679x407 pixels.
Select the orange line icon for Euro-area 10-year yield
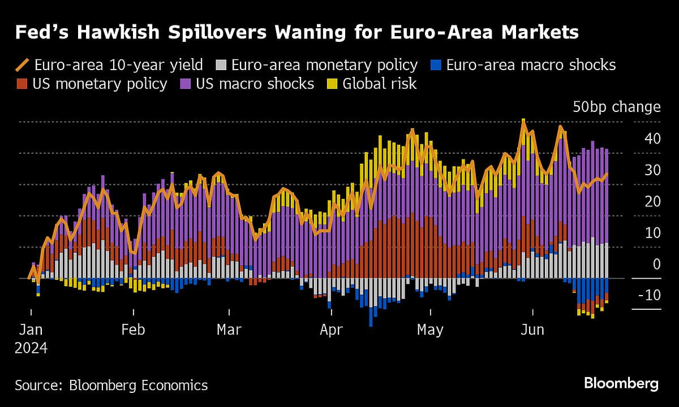pyautogui.click(x=23, y=65)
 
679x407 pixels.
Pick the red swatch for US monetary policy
pyautogui.click(x=22, y=84)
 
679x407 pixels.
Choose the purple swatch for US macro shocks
pyautogui.click(x=186, y=84)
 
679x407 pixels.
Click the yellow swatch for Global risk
pyautogui.click(x=333, y=84)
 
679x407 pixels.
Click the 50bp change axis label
pyautogui.click(x=616, y=107)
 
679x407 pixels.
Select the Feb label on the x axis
pyautogui.click(x=133, y=330)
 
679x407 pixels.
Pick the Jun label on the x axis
pyautogui.click(x=532, y=330)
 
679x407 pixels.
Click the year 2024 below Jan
pyautogui.click(x=31, y=348)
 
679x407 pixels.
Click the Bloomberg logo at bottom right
pyautogui.click(x=621, y=384)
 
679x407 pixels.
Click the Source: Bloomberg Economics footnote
pyautogui.click(x=111, y=386)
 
